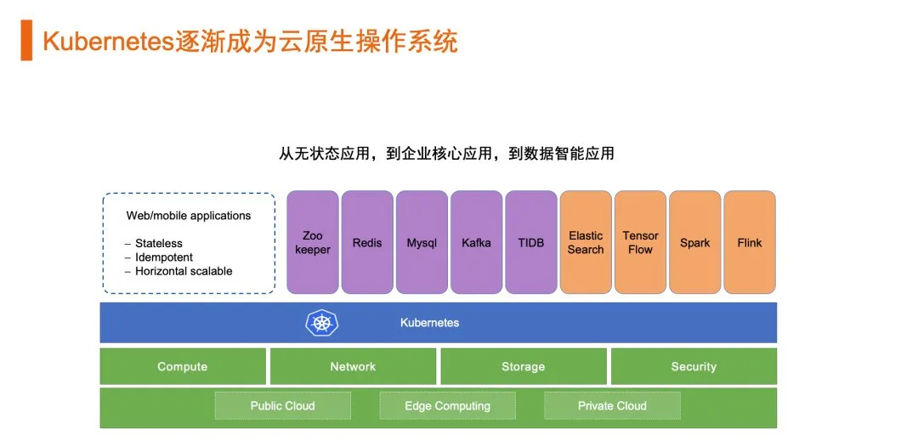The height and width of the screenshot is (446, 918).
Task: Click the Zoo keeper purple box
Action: click(x=313, y=242)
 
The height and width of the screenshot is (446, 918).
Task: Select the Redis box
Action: click(x=367, y=242)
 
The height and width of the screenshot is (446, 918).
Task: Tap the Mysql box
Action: click(x=422, y=242)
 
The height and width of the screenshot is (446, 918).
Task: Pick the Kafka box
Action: click(x=476, y=242)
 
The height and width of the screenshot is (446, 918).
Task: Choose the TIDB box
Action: click(x=530, y=242)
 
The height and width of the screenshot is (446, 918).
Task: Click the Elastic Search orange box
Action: click(x=586, y=242)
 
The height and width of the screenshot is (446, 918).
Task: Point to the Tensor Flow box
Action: click(x=640, y=242)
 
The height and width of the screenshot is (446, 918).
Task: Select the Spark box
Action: click(x=694, y=242)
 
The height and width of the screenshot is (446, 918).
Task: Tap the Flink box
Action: click(x=749, y=242)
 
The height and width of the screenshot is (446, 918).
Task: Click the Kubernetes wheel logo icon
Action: click(x=321, y=323)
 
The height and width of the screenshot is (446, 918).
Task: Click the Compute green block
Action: click(x=183, y=366)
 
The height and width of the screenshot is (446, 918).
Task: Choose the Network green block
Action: click(x=353, y=366)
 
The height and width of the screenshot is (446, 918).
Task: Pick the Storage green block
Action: click(x=523, y=366)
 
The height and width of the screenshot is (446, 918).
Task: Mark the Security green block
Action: click(x=694, y=366)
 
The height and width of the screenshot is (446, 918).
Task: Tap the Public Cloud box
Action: click(x=282, y=405)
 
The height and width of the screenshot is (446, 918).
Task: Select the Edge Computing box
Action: click(x=447, y=405)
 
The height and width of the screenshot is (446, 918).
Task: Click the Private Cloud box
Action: click(x=612, y=405)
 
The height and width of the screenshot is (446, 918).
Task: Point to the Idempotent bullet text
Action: click(x=164, y=257)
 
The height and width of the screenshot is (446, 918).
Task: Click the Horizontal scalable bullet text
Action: click(x=184, y=271)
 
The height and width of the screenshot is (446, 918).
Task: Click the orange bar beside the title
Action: click(x=26, y=41)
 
